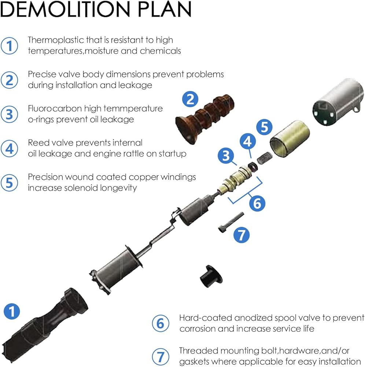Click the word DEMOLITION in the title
[65, 9]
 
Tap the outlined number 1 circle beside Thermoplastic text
[10, 46]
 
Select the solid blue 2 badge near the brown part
[190, 99]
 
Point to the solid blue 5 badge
[264, 127]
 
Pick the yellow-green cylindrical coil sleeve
[290, 138]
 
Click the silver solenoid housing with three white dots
[338, 102]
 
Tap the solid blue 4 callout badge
[248, 141]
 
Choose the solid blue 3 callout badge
[226, 156]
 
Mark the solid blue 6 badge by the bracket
[257, 203]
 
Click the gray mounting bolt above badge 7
[231, 222]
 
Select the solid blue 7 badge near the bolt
[242, 235]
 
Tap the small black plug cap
[211, 276]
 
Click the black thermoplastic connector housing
[44, 325]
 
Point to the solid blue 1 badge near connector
[12, 311]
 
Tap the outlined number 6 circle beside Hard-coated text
[161, 323]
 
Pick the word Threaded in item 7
[198, 350]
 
